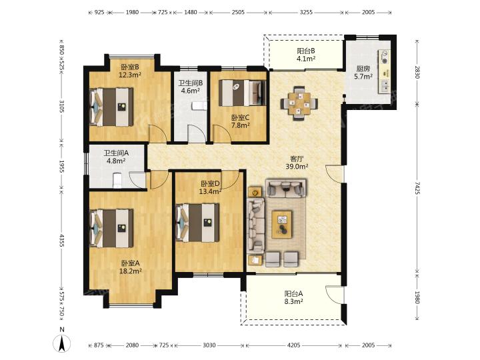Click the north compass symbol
coord(62,343)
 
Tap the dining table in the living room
coord(299,104)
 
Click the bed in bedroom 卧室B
coord(111,107)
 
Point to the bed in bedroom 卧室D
coord(198,223)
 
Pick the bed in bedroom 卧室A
coord(111,228)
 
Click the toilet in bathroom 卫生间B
coord(199,106)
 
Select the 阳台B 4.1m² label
coord(306,55)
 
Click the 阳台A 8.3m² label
coord(293,297)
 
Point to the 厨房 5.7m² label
coord(363,73)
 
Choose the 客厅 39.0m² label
coord(297,163)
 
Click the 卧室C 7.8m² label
coord(241,121)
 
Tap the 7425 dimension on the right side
coord(417,188)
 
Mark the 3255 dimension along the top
coord(306,12)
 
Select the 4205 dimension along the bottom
coord(293,345)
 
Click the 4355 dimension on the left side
coord(61,241)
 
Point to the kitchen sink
coord(385,86)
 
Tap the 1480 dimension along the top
coord(191,12)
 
